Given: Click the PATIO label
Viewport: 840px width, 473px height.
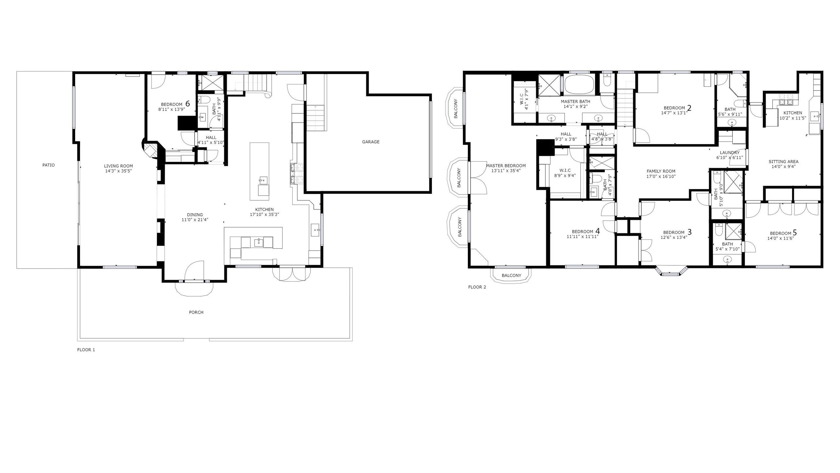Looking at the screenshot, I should click(49, 165).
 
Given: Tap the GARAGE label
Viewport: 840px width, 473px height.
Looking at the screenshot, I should click(370, 142).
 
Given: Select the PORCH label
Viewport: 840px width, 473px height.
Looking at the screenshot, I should click(196, 312).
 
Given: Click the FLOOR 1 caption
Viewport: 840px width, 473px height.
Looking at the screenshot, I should click(86, 350).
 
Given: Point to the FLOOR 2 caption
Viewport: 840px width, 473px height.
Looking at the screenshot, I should click(477, 287).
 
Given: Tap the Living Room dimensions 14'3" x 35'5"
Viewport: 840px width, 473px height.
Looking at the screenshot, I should click(118, 171).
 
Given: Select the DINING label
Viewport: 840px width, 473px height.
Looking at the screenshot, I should click(195, 215).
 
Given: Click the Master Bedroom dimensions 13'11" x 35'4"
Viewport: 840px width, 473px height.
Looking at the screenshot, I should click(506, 171).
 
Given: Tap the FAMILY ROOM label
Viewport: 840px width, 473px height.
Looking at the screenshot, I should click(661, 171).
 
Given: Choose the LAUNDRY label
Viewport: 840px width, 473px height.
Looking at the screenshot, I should click(730, 153).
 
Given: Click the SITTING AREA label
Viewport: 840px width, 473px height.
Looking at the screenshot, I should click(783, 162).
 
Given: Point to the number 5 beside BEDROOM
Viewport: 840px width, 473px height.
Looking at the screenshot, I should click(794, 233).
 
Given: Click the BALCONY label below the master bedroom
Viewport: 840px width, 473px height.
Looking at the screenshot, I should click(511, 276).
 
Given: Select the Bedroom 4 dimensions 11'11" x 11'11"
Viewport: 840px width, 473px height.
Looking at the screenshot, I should click(583, 236).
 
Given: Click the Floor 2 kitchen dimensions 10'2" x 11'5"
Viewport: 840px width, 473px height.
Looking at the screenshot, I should click(792, 118).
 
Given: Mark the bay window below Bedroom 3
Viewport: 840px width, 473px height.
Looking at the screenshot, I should click(671, 271).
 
